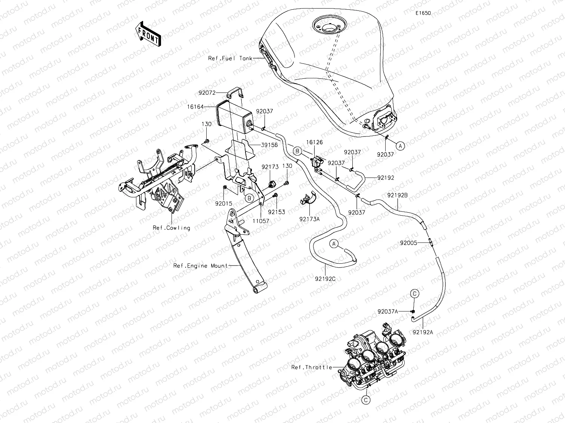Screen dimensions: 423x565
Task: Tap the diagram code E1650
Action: pyautogui.click(x=423, y=13)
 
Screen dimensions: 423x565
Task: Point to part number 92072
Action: pyautogui.click(x=207, y=93)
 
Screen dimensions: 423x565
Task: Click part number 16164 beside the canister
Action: pyautogui.click(x=195, y=107)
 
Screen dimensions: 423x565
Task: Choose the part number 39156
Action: pyautogui.click(x=270, y=145)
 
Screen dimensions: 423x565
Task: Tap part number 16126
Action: pyautogui.click(x=315, y=142)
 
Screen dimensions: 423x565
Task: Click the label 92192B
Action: pyautogui.click(x=397, y=195)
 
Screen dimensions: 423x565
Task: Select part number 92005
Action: pyautogui.click(x=408, y=242)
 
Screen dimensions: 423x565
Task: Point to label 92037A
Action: pyautogui.click(x=388, y=311)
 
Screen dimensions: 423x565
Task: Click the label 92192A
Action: pyautogui.click(x=423, y=332)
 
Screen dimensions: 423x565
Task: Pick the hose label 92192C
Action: pyautogui.click(x=325, y=278)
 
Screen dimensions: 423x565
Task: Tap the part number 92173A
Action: pyautogui.click(x=309, y=219)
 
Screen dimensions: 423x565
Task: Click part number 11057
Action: pyautogui.click(x=260, y=221)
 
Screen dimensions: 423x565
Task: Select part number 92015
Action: pyautogui.click(x=223, y=204)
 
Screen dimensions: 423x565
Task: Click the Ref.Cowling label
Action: pyautogui.click(x=171, y=228)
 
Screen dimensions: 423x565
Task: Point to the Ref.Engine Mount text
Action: pyautogui.click(x=200, y=266)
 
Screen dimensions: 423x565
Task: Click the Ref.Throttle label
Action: pyautogui.click(x=312, y=367)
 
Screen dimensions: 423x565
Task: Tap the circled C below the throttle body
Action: pyautogui.click(x=366, y=400)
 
